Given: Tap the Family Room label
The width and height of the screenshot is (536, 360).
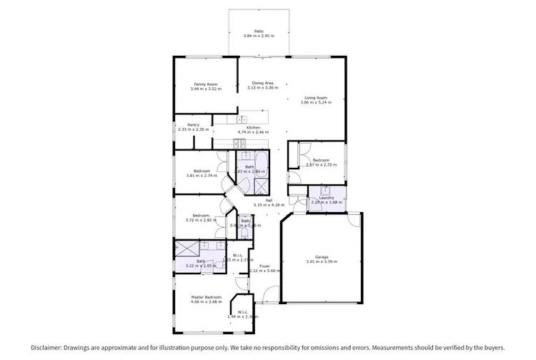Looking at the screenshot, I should click(x=206, y=84).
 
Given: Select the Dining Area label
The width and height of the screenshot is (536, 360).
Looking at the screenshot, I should click(x=263, y=84).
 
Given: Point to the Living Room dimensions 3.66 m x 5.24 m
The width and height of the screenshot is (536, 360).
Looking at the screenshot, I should click(x=316, y=102).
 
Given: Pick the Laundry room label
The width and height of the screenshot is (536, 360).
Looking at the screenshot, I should click(x=327, y=199).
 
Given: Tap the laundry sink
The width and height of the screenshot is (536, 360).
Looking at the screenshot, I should click(x=325, y=190).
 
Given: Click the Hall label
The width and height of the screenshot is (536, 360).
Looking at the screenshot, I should click(x=269, y=200).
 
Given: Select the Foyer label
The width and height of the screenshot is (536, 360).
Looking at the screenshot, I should click(x=264, y=266).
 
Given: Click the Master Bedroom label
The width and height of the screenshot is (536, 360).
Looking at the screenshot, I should click(x=206, y=297).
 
